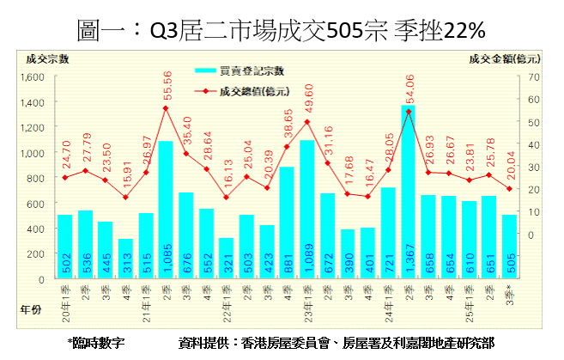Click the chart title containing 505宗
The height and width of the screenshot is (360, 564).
pyautogui.click(x=282, y=32)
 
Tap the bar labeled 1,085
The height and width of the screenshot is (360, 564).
pyautogui.click(x=166, y=211)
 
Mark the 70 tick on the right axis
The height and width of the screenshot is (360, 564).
pyautogui.click(x=533, y=77)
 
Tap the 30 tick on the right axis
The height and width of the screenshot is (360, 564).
pyautogui.click(x=533, y=167)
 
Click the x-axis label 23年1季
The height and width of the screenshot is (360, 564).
pyautogui.click(x=306, y=302)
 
